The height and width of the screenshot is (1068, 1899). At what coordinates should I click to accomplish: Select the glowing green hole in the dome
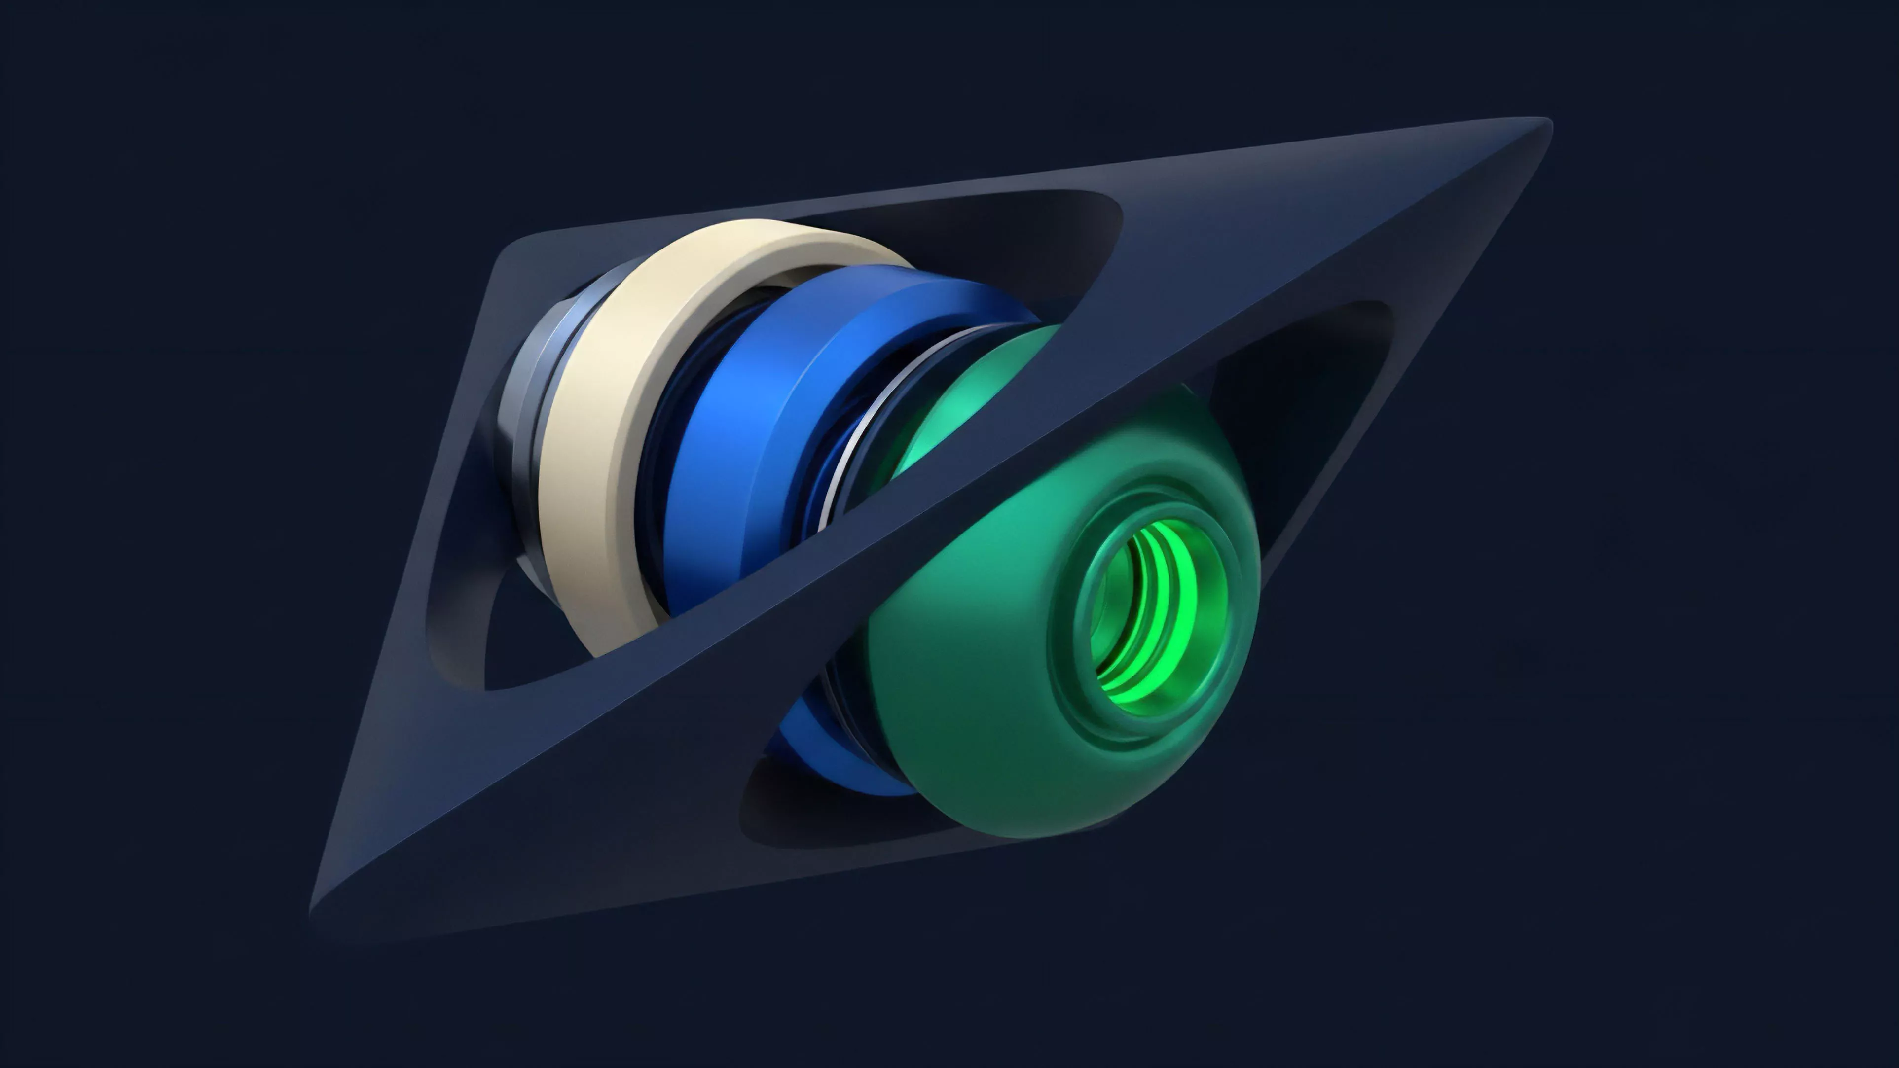[1150, 612]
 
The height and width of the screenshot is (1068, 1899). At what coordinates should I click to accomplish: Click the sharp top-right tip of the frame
[1544, 127]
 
